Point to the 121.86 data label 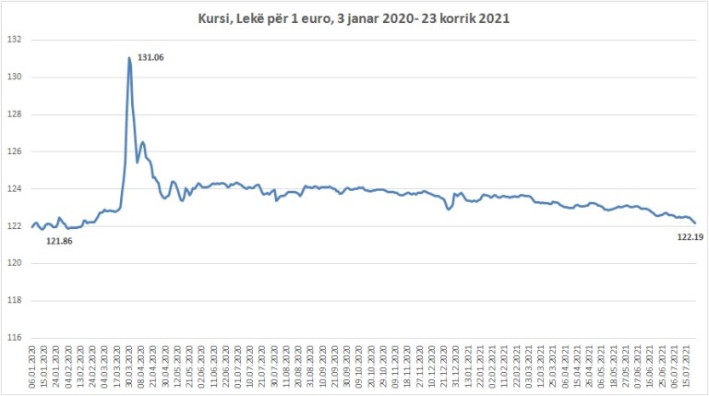click(59, 241)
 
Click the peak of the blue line click(129, 58)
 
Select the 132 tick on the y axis click(13, 40)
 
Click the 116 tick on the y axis click(13, 338)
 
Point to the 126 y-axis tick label click(13, 151)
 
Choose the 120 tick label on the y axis click(13, 263)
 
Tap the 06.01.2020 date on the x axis click(33, 366)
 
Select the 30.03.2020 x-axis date click(128, 366)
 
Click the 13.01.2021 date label click(468, 366)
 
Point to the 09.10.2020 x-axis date click(358, 366)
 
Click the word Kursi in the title click(214, 18)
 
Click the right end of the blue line click(695, 222)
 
